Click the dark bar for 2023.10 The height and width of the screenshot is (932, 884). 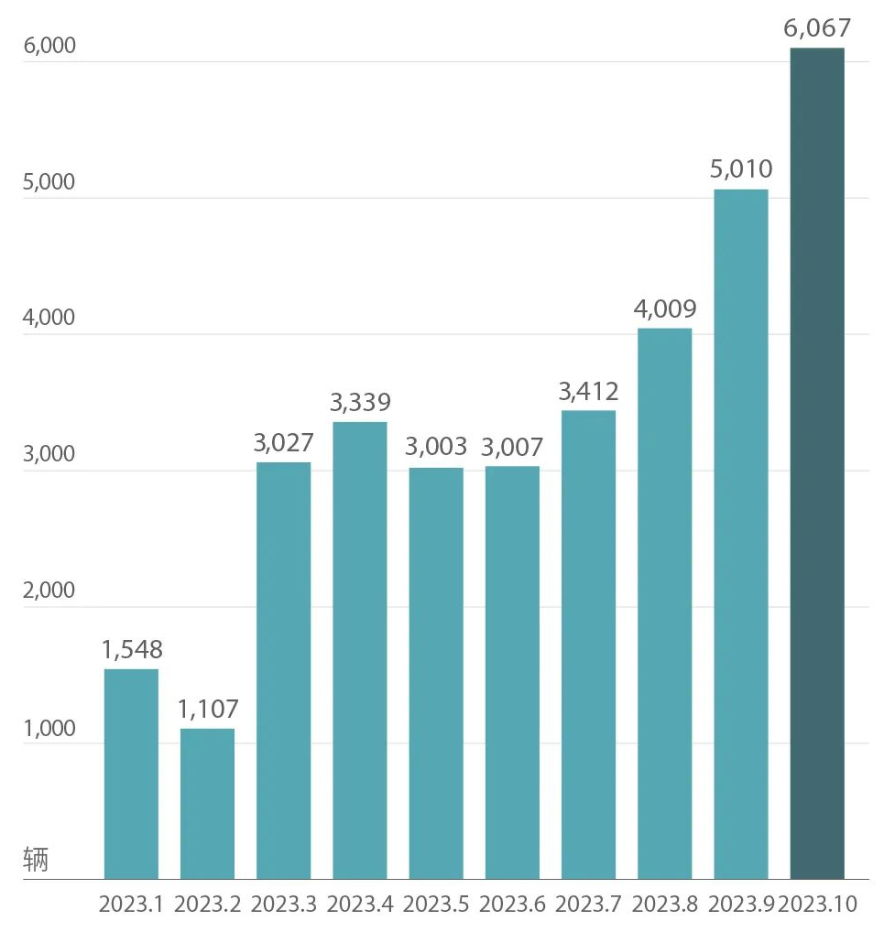point(816,463)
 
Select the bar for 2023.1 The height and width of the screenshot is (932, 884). point(131,774)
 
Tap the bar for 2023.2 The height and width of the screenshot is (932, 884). point(207,803)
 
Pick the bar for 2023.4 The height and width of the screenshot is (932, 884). point(359,650)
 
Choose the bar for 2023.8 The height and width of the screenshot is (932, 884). point(663,603)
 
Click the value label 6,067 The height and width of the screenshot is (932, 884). point(817,29)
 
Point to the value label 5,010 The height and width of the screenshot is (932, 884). point(741,169)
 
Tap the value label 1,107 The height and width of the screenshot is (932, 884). point(207,709)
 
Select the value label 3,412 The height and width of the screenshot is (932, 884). point(588,392)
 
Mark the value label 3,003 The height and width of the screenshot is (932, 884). point(436,448)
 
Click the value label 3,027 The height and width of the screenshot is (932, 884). point(284,443)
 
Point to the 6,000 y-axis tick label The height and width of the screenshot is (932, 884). point(49,47)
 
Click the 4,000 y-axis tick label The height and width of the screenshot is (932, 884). point(49,319)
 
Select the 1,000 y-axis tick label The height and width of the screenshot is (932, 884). point(49,729)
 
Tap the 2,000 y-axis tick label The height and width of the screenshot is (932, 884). point(49,591)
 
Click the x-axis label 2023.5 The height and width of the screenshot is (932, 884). point(436,905)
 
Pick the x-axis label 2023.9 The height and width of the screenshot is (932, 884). point(741,905)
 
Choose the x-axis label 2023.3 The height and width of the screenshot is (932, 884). point(284,905)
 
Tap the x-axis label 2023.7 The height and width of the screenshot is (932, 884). point(588,905)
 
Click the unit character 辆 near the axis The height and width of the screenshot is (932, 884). point(36,860)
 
